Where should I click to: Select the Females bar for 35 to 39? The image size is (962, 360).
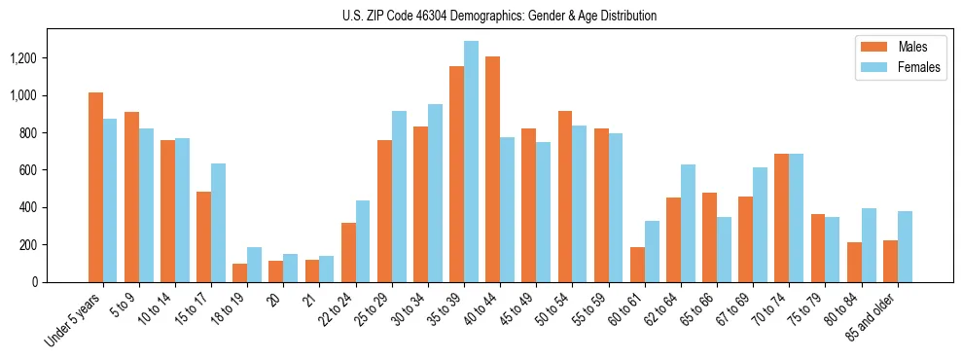pos(471,162)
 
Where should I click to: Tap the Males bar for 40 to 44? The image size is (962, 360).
pos(492,169)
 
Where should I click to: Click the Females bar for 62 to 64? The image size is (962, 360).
pos(688,223)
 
